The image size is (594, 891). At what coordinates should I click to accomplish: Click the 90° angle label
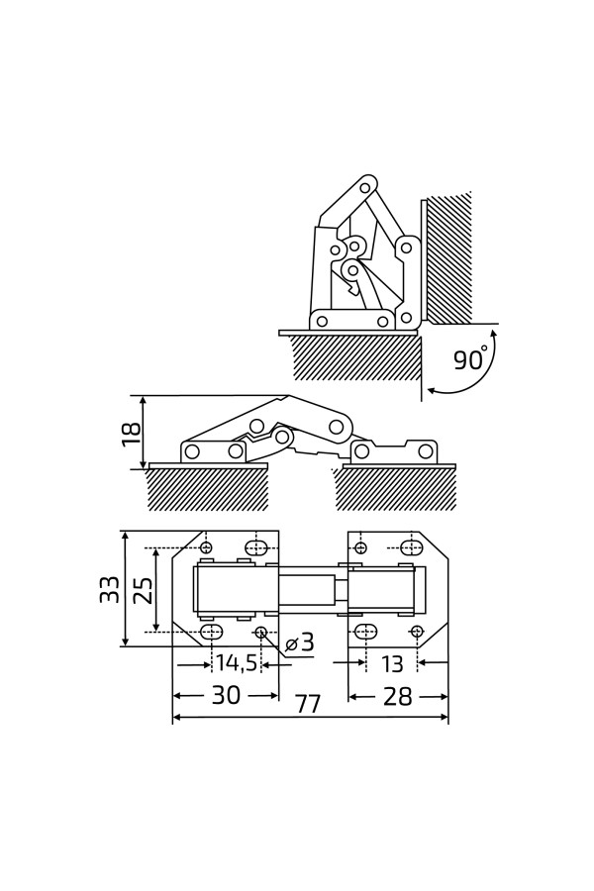click(470, 358)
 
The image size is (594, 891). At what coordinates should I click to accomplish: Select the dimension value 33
click(109, 589)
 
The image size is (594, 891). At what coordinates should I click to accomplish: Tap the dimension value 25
click(144, 590)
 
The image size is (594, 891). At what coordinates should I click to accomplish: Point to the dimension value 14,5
click(237, 663)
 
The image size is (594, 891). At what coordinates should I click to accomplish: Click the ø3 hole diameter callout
click(301, 643)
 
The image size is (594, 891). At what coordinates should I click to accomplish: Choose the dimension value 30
click(226, 696)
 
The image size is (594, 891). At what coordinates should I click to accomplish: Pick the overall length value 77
click(308, 705)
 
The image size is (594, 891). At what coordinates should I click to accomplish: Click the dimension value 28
click(397, 696)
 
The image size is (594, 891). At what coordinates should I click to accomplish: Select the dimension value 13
click(392, 663)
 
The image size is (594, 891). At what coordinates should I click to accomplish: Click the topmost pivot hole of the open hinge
click(364, 187)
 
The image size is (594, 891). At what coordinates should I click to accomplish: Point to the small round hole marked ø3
click(260, 632)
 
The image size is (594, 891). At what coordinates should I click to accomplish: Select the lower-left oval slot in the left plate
click(211, 632)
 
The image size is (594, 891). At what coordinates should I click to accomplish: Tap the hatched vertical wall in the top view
click(449, 257)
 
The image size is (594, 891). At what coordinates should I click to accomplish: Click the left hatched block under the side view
click(208, 489)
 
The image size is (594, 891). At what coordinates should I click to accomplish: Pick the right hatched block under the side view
click(396, 489)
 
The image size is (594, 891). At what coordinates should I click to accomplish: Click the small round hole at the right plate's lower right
click(417, 632)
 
